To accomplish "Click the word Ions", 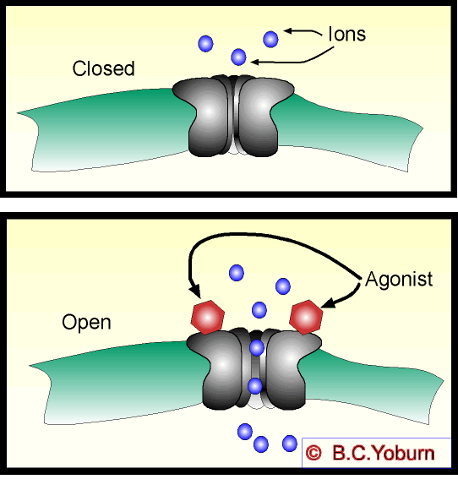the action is click(347, 34).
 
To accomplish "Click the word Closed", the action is click(104, 68).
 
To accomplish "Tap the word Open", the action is click(86, 323).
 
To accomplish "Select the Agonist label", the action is click(399, 280).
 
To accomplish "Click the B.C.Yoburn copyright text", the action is click(384, 453).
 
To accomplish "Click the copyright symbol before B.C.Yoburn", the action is click(314, 453).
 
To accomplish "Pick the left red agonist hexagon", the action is click(207, 318).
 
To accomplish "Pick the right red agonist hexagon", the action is click(306, 318).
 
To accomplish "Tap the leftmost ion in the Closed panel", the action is click(205, 43).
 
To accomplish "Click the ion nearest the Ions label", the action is click(270, 40).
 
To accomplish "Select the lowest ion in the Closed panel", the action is click(238, 57).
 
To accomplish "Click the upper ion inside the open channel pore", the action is click(257, 348).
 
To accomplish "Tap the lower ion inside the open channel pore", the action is click(255, 386).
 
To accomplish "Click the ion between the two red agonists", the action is click(259, 310).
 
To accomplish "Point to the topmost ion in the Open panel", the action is click(237, 273).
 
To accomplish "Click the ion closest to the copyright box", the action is click(290, 444).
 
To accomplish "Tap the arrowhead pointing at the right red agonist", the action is click(330, 302).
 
